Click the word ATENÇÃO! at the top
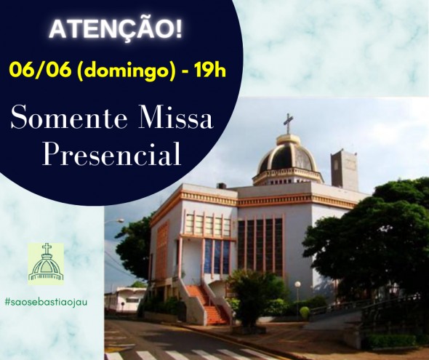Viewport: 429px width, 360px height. click(115, 29)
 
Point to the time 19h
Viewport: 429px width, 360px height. click(210, 71)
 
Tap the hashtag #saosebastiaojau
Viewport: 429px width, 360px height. click(46, 303)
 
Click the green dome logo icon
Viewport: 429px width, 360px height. click(46, 263)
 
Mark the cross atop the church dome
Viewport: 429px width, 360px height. click(288, 124)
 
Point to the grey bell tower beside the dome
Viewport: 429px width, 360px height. click(345, 170)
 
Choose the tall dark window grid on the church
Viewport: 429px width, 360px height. click(260, 247)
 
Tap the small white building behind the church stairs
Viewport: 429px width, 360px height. click(124, 300)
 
